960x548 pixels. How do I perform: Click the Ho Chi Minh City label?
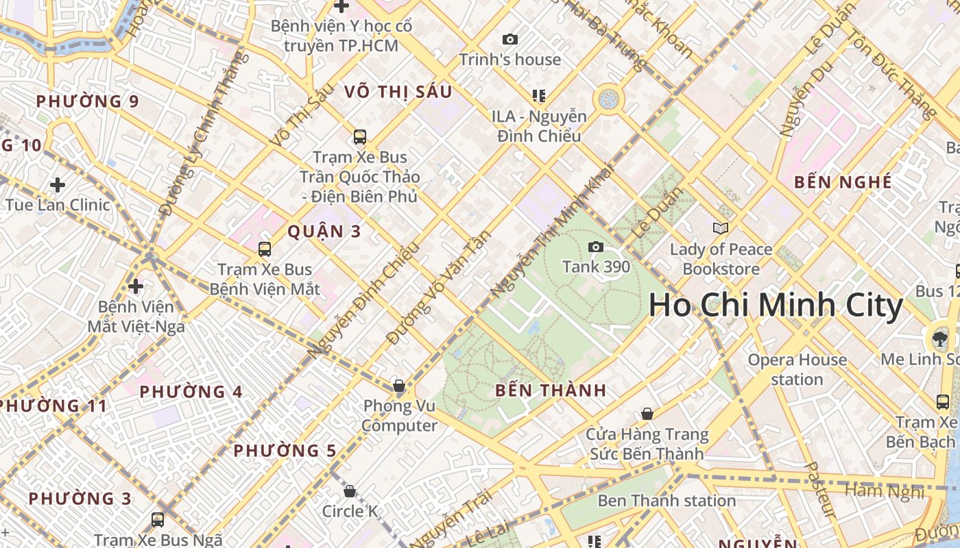pos(776,306)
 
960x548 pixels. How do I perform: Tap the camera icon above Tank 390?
pos(595,247)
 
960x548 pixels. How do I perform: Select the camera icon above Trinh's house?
pos(509,40)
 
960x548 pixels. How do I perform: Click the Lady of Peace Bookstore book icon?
pos(721,229)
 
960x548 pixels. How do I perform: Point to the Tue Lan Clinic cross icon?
pos(58,185)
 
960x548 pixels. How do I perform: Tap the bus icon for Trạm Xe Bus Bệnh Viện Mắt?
pos(265,249)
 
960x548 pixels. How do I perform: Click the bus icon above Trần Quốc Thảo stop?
pos(360,137)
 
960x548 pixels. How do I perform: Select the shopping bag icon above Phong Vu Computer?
pos(399,386)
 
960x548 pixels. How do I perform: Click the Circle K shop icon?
pos(350,491)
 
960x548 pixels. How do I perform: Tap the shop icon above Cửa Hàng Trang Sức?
pos(647,414)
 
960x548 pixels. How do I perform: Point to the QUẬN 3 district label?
pos(324,232)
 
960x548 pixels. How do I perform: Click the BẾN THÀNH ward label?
pos(551,391)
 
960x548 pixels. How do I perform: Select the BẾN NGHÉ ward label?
pos(843,182)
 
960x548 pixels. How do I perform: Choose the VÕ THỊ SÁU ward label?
pos(398,92)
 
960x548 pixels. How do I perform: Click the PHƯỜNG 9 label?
pos(87,102)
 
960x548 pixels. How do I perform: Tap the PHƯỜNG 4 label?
pos(191,393)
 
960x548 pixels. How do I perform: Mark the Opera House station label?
pos(797,369)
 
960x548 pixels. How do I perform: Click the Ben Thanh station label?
pos(667,501)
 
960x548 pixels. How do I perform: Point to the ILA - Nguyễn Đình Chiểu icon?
pos(539,96)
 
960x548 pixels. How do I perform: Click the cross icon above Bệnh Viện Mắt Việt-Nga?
pos(136,286)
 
